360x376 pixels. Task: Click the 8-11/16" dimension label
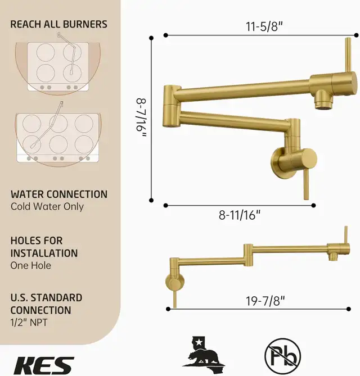[240, 214]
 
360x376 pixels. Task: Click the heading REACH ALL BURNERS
[58, 24]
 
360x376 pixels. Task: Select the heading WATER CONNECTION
[58, 194]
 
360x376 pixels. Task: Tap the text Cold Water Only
[47, 207]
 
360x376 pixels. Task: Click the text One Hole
[30, 265]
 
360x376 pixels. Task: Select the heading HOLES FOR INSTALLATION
[44, 247]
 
